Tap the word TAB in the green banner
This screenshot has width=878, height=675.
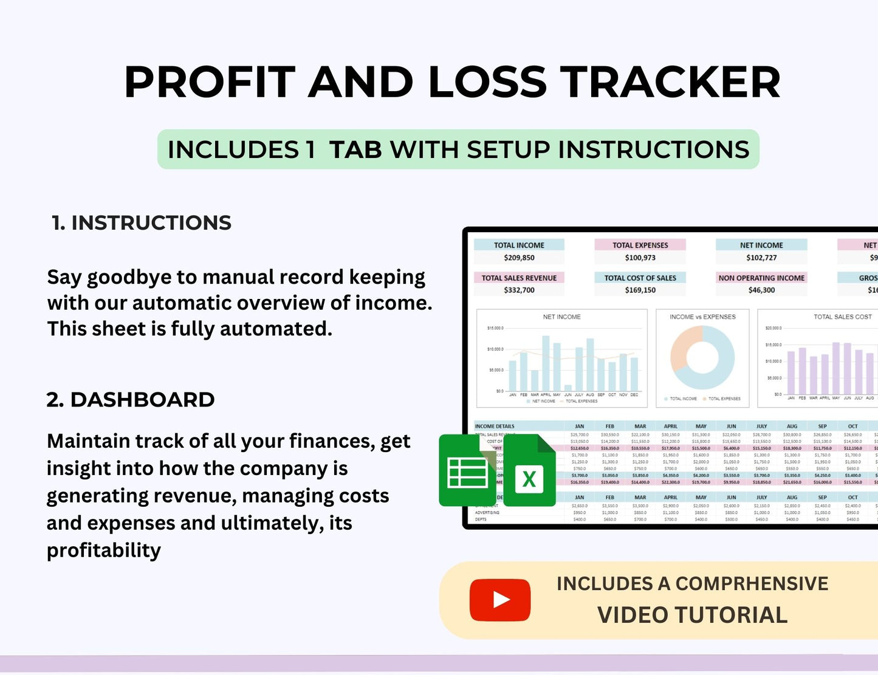355,149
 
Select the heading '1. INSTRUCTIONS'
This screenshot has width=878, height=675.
142,223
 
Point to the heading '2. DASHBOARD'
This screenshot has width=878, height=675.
131,400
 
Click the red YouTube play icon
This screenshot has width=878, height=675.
500,600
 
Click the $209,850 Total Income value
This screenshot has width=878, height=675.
519,258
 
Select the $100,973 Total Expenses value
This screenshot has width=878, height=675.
640,258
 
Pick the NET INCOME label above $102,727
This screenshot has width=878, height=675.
761,245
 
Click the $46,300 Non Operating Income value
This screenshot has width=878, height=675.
761,290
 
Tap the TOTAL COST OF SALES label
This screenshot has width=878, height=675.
640,278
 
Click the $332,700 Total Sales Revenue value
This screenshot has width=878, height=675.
519,290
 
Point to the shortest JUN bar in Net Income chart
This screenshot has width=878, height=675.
568,388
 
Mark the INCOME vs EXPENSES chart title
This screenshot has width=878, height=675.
702,317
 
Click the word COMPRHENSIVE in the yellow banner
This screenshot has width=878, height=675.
752,583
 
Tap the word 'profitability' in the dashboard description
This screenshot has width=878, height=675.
104,550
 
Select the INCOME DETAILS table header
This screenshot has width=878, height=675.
495,427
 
